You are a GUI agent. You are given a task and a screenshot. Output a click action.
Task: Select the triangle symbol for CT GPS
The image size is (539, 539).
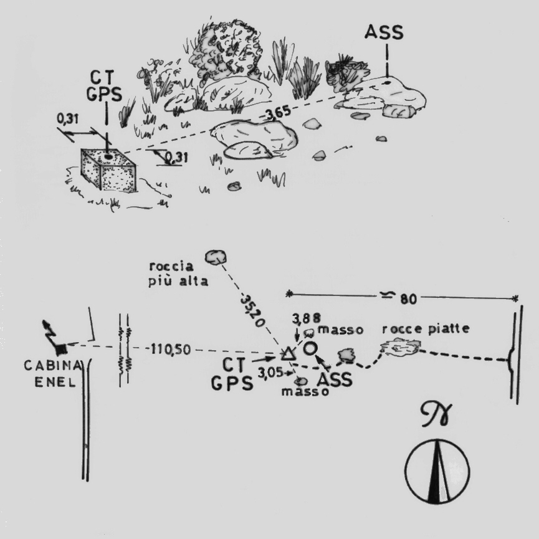click(x=287, y=354)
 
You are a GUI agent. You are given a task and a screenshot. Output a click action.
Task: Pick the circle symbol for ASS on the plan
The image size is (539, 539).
click(x=310, y=348)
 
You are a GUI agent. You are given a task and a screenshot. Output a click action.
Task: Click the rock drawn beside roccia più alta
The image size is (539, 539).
click(x=216, y=255)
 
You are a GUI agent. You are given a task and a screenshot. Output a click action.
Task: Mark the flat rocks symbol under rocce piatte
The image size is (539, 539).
click(x=399, y=347)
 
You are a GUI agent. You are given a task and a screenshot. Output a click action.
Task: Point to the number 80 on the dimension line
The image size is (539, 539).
click(x=408, y=299)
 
